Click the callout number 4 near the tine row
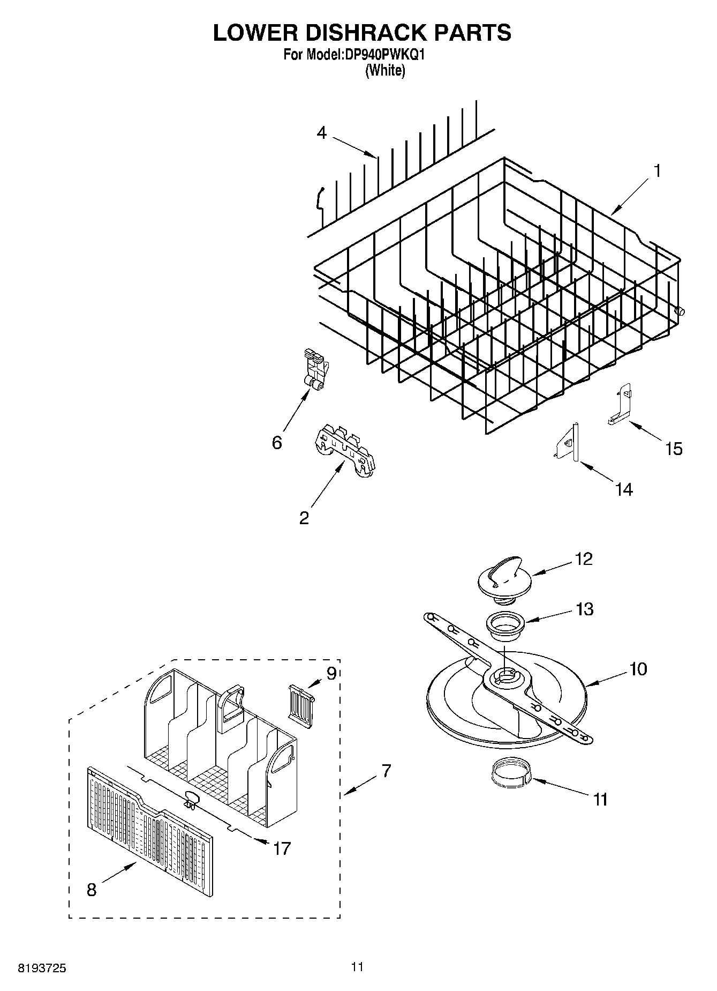pyautogui.click(x=321, y=132)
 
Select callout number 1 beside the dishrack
pyautogui.click(x=656, y=172)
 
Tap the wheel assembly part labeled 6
pyautogui.click(x=314, y=370)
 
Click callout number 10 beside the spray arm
pyautogui.click(x=638, y=669)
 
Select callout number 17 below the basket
pyautogui.click(x=282, y=848)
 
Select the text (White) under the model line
pyautogui.click(x=384, y=71)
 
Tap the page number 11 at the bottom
pyautogui.click(x=358, y=967)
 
